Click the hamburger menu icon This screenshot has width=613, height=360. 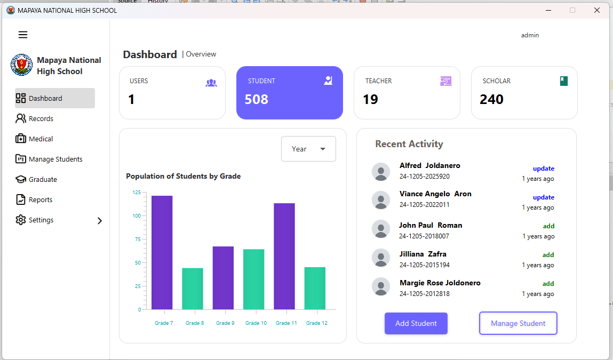[23, 35]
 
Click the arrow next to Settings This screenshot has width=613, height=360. [99, 220]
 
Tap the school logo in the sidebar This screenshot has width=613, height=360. [21, 65]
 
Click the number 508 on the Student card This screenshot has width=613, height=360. [257, 99]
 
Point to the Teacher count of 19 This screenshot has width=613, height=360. [370, 99]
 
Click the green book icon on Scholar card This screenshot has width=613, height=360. [563, 81]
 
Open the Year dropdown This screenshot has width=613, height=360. [308, 149]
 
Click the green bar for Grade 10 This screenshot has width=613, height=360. [253, 279]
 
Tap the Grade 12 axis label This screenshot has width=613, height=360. [316, 323]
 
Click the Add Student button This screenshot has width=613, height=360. [416, 323]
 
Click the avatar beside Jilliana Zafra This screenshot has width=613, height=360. [381, 258]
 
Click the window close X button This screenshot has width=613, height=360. [596, 10]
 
